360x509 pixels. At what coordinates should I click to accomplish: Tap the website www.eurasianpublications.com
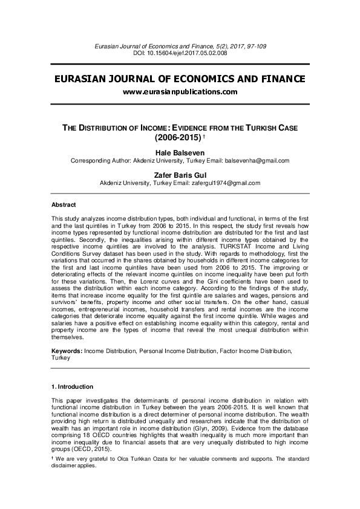(x=180, y=92)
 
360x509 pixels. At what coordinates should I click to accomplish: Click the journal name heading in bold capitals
(x=180, y=79)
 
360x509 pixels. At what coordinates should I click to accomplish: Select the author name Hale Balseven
(x=180, y=152)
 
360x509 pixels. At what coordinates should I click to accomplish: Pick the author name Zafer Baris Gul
(x=180, y=174)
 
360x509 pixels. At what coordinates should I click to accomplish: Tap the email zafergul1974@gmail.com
(x=226, y=183)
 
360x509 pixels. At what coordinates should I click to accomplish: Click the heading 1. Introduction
(x=72, y=386)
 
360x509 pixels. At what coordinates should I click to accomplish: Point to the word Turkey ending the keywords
(x=61, y=357)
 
